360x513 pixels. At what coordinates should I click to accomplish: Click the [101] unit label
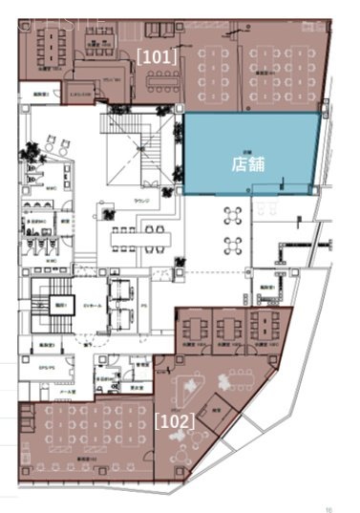(x=156, y=56)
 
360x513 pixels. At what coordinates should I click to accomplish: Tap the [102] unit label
(x=175, y=419)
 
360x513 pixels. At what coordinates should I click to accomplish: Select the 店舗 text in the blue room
(x=248, y=163)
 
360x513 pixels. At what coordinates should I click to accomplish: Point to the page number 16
(x=328, y=509)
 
